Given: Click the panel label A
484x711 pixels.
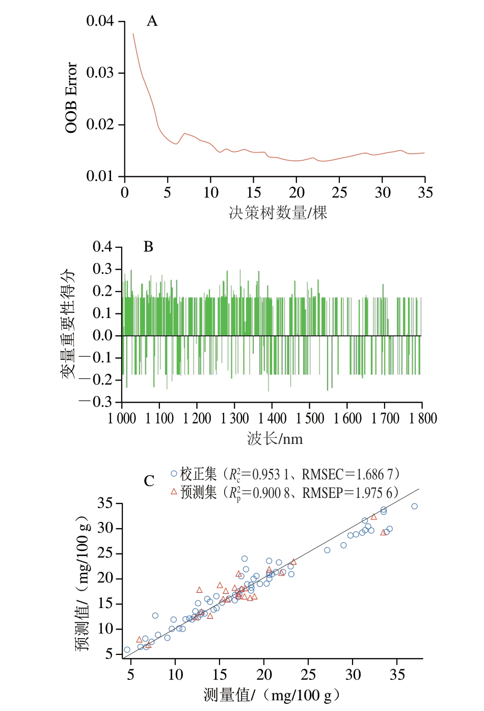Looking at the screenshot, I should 152,21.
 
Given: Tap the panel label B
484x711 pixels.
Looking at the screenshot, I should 148,247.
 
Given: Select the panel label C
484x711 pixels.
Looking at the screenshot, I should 149,482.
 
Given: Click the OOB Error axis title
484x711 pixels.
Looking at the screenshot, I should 71,98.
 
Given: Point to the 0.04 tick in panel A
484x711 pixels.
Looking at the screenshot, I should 100,21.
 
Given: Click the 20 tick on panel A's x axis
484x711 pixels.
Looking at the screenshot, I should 297,193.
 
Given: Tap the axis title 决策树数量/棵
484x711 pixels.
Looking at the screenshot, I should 278,213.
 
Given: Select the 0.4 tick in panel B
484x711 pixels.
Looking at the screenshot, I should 102,247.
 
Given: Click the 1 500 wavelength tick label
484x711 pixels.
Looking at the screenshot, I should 310,419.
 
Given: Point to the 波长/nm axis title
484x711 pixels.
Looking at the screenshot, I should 275,439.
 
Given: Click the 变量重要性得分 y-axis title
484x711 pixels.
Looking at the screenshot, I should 68,324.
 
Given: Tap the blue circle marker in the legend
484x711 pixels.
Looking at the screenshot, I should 174,474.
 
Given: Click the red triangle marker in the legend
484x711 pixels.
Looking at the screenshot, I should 174,492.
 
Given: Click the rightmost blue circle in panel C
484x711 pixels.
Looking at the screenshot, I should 414,507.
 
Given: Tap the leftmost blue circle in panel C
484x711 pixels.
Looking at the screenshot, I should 127,650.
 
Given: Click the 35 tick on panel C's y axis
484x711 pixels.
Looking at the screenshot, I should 105,504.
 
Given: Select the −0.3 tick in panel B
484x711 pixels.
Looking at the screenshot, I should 96,402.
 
